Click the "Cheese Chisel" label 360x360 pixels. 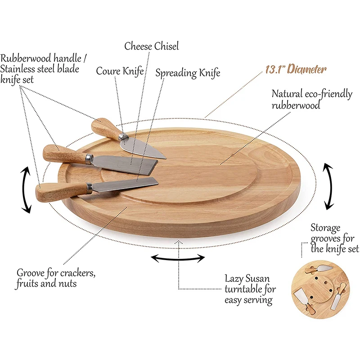click(x=152, y=46)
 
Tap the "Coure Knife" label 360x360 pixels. click(x=120, y=71)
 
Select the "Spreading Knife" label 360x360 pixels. click(x=188, y=73)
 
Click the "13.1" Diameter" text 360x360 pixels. click(x=295, y=69)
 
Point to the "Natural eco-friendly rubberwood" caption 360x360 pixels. click(x=312, y=99)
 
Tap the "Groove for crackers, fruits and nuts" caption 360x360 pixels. click(x=56, y=278)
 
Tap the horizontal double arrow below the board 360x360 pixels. click(x=177, y=258)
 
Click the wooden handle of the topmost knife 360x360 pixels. click(x=104, y=128)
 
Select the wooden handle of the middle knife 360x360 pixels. click(x=64, y=154)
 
